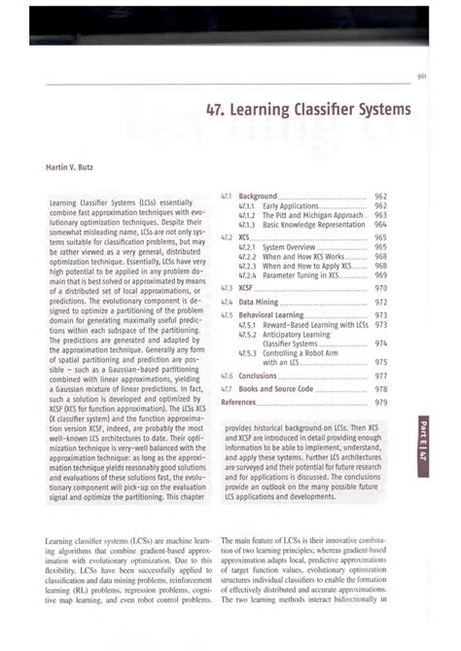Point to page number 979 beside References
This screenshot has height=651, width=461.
pos(380,401)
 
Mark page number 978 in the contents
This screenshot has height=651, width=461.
pos(380,388)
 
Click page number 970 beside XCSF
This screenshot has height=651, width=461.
pos(380,288)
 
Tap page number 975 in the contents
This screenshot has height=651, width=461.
pos(380,361)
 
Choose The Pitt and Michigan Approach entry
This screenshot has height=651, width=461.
pos(309,214)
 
